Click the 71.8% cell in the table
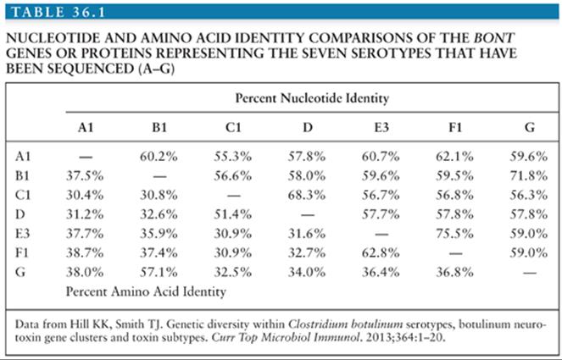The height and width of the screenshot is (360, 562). click(x=529, y=176)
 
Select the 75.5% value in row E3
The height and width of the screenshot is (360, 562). click(x=454, y=234)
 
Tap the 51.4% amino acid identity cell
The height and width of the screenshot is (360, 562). click(x=232, y=214)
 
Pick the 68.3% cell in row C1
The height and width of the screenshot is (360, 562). click(x=307, y=195)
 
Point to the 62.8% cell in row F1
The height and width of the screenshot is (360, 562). click(x=381, y=253)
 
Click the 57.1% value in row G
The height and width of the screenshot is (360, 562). click(x=159, y=272)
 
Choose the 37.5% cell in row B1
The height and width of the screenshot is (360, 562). click(x=85, y=176)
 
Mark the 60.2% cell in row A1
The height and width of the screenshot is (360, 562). click(x=159, y=157)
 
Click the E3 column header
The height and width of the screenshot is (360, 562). click(x=381, y=127)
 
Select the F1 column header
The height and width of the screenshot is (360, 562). click(x=455, y=127)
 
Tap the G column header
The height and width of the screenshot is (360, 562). click(x=530, y=127)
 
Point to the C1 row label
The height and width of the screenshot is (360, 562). click(x=23, y=195)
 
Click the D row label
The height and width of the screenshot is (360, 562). click(x=20, y=214)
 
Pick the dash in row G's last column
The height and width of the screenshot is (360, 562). click(x=530, y=273)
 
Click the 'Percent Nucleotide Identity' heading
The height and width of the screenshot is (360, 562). click(x=312, y=98)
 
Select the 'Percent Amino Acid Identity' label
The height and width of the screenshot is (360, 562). click(x=146, y=291)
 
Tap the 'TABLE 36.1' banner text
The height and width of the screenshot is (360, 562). click(x=58, y=12)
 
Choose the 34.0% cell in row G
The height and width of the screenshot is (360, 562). click(x=307, y=272)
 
